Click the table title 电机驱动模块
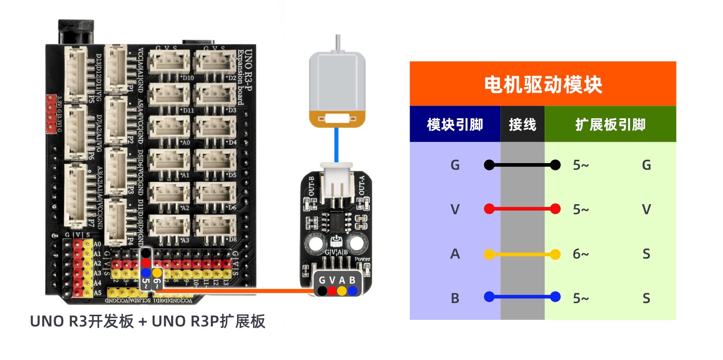(543, 84)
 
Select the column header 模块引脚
(455, 124)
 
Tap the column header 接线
(522, 124)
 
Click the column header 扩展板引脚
(610, 124)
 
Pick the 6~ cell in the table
(581, 254)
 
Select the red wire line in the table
(522, 209)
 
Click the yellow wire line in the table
(522, 254)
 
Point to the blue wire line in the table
(522, 297)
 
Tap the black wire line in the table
(522, 165)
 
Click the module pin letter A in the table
(455, 254)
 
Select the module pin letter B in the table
(455, 299)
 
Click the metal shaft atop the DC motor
(337, 43)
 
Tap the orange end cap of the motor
(337, 119)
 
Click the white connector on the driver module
(336, 181)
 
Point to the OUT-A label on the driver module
(362, 186)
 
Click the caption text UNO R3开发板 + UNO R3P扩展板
(148, 322)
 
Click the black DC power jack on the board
(76, 32)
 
